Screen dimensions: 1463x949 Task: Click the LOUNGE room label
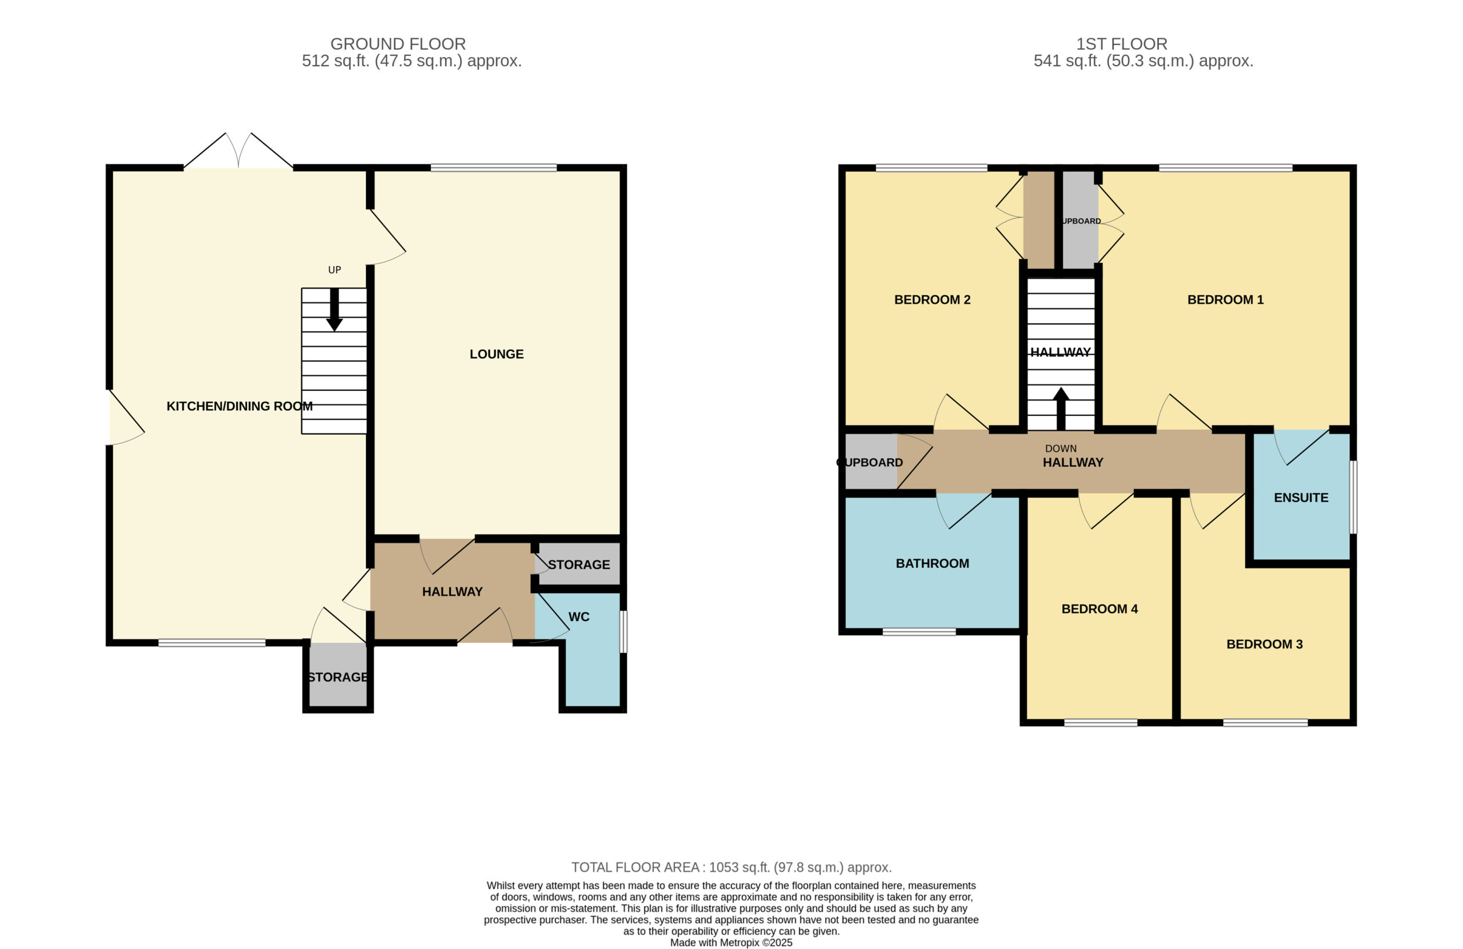click(x=496, y=354)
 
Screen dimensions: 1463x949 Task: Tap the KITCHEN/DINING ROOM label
click(x=239, y=406)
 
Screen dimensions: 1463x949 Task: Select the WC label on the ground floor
click(x=579, y=616)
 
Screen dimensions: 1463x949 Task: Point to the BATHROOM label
click(x=932, y=563)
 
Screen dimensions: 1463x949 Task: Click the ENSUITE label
click(x=1301, y=497)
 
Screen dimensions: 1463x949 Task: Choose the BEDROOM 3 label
click(x=1265, y=644)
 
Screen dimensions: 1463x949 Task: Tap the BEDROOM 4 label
click(x=1100, y=608)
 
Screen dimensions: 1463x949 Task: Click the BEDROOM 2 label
click(x=932, y=299)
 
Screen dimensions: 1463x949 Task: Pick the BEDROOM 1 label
click(x=1225, y=299)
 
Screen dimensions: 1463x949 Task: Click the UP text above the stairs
click(x=334, y=270)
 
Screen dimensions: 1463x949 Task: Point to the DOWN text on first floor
click(x=1061, y=449)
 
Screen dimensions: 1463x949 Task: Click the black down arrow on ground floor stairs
click(x=334, y=310)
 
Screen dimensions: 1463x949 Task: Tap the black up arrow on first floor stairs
click(x=1061, y=409)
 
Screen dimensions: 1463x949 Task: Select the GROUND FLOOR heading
click(x=398, y=44)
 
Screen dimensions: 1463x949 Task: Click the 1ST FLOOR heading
click(x=1121, y=44)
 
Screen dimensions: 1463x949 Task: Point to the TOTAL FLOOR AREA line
click(x=731, y=867)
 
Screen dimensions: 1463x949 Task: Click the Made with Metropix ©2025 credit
click(x=731, y=943)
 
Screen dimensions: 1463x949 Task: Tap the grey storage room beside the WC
click(x=579, y=563)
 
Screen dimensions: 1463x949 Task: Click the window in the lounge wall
click(x=494, y=167)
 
